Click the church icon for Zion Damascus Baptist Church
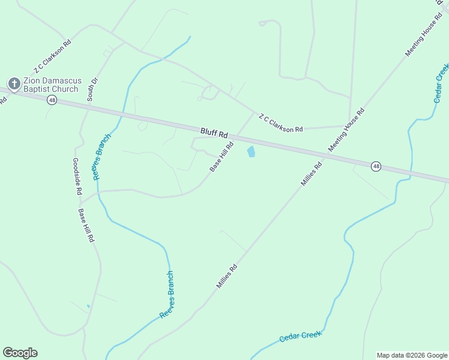(13, 83)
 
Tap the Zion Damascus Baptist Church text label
(50, 85)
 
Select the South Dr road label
(92, 89)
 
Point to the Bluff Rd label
(214, 133)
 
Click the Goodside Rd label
(76, 176)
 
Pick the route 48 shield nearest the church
(52, 101)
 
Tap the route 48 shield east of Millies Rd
(376, 166)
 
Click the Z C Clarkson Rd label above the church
(53, 60)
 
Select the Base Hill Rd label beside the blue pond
(221, 157)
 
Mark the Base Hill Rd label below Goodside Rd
(85, 225)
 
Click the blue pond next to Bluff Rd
(251, 152)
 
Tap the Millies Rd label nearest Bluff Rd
(312, 173)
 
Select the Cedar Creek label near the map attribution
(300, 336)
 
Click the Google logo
(20, 353)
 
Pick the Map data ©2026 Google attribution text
(412, 355)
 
